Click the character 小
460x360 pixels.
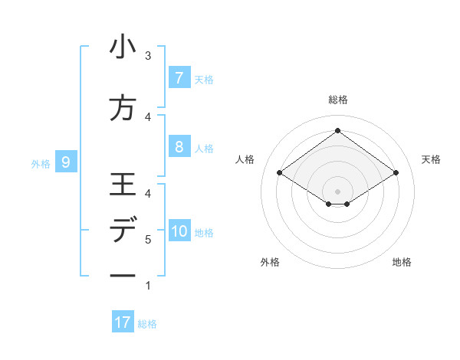[123, 47]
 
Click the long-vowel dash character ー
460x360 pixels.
[123, 276]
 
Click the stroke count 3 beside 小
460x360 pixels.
[148, 56]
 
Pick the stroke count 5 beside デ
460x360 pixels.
[148, 240]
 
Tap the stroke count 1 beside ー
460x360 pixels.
[148, 286]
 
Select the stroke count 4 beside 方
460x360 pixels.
[148, 116]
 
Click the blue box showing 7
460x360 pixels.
[179, 77]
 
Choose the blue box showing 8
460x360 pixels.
[179, 147]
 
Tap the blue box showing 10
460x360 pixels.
[180, 231]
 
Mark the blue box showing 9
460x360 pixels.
[66, 162]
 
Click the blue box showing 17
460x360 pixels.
[123, 322]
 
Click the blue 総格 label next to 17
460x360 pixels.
[147, 324]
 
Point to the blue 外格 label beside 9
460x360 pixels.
[41, 163]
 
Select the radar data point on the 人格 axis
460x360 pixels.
[280, 173]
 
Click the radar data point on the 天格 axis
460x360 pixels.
[396, 173]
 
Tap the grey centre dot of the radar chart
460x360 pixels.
[337, 191]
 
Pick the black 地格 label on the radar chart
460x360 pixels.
[402, 262]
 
